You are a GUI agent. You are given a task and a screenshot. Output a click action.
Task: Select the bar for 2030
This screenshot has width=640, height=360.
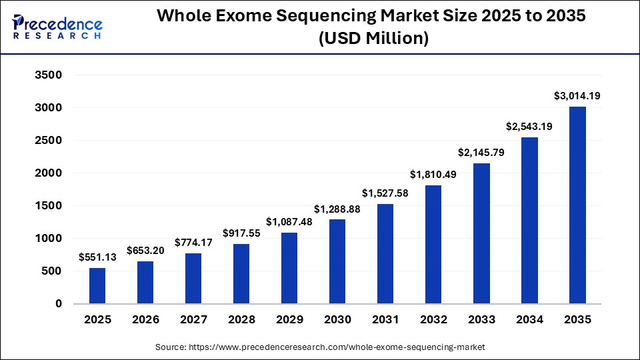[337, 261]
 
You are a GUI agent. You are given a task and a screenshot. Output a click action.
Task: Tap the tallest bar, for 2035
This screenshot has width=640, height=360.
[577, 205]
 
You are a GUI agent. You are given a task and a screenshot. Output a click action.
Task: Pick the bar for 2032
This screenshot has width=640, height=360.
[433, 244]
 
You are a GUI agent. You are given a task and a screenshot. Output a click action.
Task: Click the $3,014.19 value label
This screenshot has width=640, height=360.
[577, 96]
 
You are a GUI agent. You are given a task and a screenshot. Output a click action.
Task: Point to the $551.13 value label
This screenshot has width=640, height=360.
[97, 257]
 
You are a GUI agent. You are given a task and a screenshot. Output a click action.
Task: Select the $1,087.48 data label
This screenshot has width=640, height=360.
[289, 222]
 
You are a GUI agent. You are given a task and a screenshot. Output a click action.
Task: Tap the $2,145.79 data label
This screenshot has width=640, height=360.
[481, 153]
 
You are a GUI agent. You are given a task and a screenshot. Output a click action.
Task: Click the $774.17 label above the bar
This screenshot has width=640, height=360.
[193, 243]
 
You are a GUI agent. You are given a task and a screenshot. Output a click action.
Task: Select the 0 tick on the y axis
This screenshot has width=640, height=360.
[58, 304]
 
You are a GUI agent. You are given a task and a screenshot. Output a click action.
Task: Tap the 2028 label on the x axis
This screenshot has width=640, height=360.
[241, 320]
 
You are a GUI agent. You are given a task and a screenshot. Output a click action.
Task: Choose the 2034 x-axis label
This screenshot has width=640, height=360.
[529, 320]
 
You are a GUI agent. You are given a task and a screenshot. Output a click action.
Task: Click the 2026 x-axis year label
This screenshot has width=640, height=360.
[145, 320]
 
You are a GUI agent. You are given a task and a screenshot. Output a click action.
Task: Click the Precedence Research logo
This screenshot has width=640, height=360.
[57, 27]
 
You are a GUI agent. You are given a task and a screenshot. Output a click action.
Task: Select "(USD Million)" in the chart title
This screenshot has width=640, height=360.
[373, 39]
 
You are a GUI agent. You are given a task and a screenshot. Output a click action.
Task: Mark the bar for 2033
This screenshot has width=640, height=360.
[481, 233]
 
